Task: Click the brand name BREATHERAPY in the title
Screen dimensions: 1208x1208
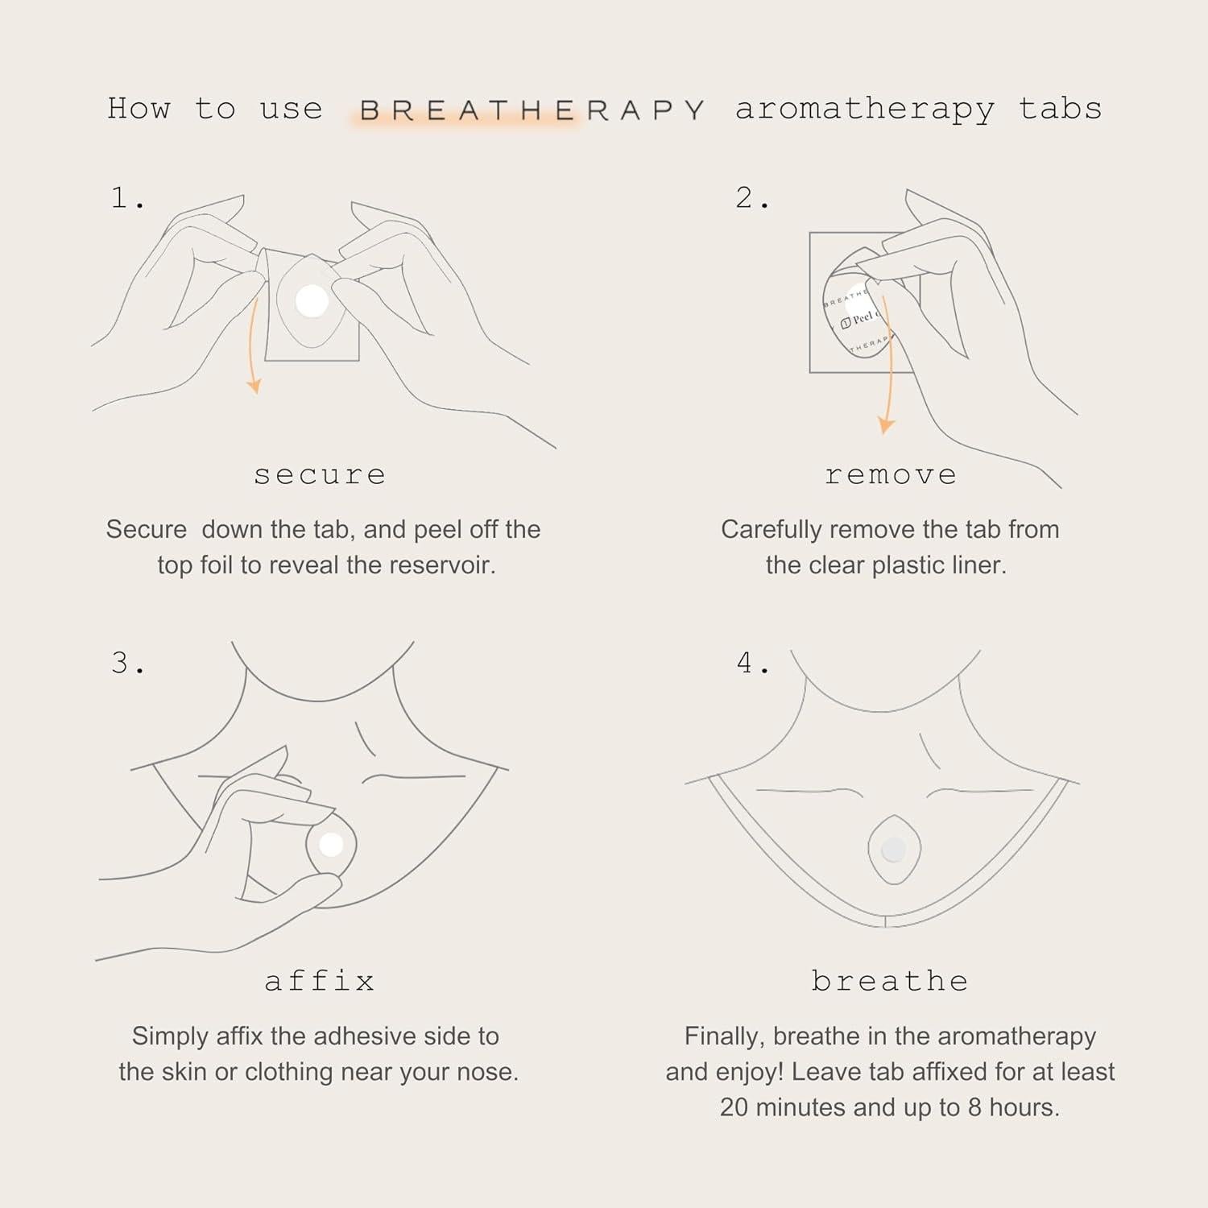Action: (x=532, y=110)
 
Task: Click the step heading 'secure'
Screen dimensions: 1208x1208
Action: (x=320, y=475)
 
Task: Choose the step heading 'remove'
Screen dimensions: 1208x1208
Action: (x=891, y=475)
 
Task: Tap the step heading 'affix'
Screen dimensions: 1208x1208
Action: (x=320, y=981)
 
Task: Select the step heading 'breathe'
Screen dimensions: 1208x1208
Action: (x=890, y=981)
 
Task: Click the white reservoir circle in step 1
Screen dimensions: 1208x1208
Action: (x=312, y=302)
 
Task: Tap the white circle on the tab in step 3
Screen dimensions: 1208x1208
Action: (x=331, y=845)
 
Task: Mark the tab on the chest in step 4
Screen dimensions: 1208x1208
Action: (x=893, y=850)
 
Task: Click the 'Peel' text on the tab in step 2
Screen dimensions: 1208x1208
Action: (x=862, y=318)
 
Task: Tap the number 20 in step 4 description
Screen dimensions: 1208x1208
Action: (x=734, y=1107)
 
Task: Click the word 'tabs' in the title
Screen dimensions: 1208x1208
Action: (x=1060, y=110)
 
